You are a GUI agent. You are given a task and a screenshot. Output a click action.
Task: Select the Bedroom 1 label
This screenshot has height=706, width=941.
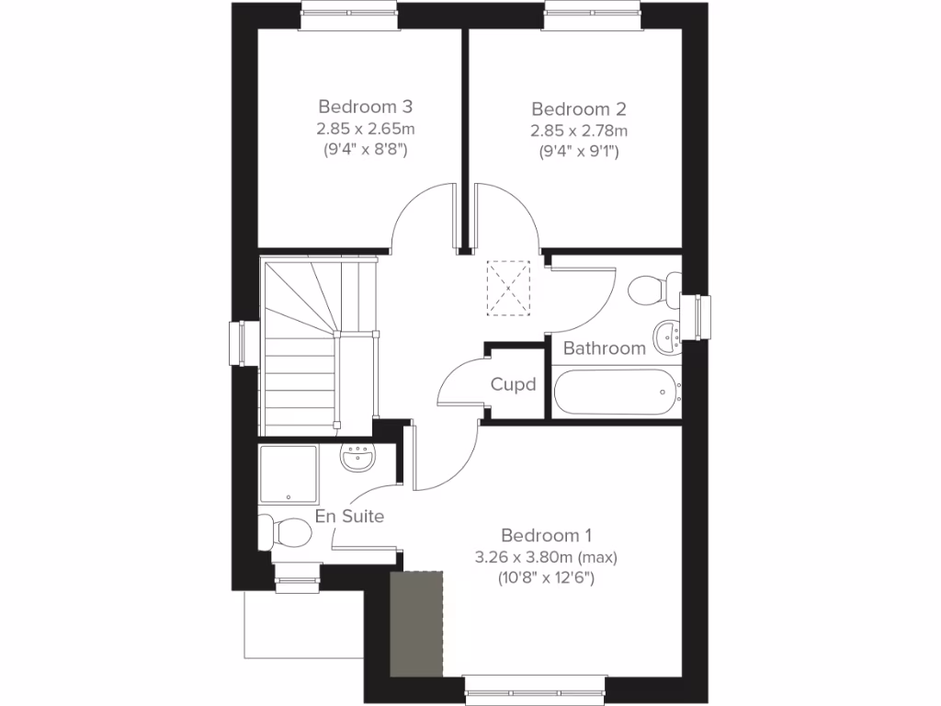click(546, 535)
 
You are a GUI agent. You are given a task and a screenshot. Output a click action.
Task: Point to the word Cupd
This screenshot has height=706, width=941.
click(513, 384)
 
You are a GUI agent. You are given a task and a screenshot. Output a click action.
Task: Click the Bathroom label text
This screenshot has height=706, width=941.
click(604, 348)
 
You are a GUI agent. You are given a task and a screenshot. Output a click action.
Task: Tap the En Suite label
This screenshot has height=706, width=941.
click(349, 517)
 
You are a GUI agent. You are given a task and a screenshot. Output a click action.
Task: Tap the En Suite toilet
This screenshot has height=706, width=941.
click(287, 530)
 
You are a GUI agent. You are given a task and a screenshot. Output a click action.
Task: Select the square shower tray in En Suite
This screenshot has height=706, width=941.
click(288, 474)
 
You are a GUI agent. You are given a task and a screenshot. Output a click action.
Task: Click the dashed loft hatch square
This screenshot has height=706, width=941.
click(509, 288)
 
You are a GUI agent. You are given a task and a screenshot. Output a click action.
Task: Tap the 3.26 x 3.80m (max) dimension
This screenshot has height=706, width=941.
click(546, 557)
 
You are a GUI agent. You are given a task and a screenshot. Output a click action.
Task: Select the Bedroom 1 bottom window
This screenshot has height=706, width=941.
click(535, 685)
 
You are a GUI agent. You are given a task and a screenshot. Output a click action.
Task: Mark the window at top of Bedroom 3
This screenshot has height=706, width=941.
click(349, 17)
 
